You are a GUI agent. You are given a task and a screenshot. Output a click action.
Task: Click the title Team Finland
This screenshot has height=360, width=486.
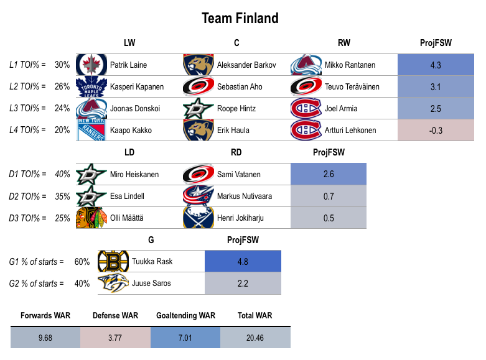(240, 18)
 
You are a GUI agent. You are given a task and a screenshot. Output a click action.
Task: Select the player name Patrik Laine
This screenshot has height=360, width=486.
(128, 65)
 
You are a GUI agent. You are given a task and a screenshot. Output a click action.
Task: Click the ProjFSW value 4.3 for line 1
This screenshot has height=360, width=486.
(436, 65)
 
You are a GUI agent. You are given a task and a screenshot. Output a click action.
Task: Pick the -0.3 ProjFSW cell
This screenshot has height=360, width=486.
(436, 130)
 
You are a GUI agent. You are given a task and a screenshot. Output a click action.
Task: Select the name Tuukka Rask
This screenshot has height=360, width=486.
(152, 262)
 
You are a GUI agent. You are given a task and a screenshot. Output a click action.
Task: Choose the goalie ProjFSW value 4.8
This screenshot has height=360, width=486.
(243, 262)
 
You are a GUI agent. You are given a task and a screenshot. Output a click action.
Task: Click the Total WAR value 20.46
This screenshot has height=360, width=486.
(255, 338)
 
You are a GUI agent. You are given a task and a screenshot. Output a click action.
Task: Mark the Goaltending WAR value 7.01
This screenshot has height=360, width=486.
(185, 338)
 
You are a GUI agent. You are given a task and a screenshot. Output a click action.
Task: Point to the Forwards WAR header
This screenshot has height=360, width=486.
(45, 316)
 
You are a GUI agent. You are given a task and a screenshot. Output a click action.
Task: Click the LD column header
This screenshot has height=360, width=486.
(129, 152)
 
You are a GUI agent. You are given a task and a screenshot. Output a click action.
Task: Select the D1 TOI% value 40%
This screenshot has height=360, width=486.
(62, 175)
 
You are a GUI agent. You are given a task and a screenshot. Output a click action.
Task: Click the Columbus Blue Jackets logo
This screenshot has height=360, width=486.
(195, 196)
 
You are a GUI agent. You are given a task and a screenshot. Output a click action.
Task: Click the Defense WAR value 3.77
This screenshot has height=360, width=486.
(115, 338)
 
